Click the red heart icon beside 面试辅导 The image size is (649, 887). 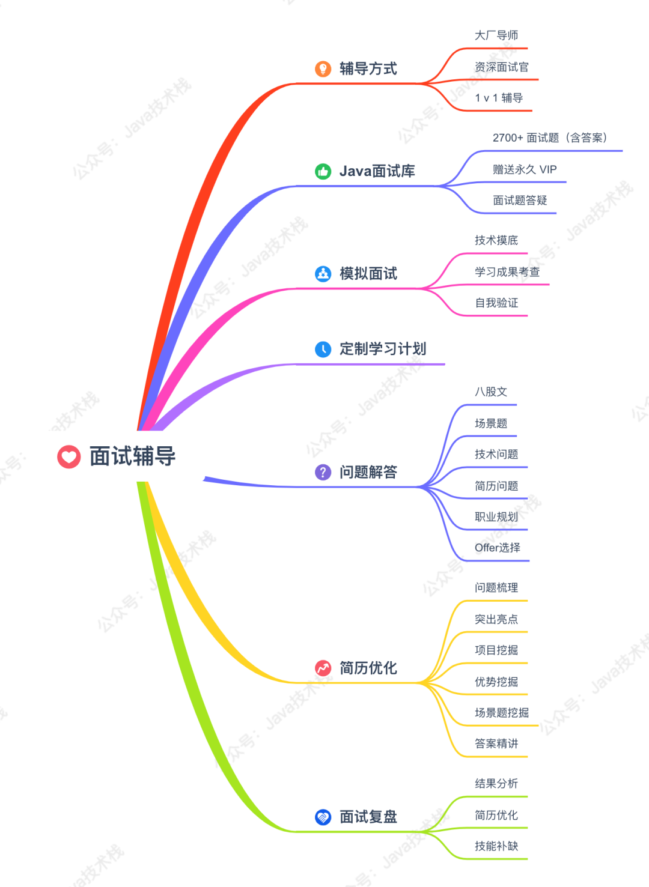coord(69,456)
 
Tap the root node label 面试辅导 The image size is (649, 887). coord(132,456)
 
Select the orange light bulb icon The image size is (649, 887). coord(323,69)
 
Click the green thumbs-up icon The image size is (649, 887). coord(323,172)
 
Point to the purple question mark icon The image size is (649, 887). coord(323,472)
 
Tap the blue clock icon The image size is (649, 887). coord(323,349)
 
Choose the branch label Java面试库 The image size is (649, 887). coord(377,172)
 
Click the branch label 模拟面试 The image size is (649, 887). coord(368,274)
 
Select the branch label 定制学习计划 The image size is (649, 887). coord(382,349)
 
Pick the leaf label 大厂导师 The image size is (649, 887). coord(496,35)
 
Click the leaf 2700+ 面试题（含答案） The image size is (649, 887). coord(550,138)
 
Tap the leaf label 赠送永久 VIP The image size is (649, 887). coord(525,169)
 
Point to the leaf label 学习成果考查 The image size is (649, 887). coord(507,272)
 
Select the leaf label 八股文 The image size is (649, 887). coord(491,392)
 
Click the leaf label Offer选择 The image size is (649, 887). coord(498,548)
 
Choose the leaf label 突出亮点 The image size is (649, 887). coord(496,619)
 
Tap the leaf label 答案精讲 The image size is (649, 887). coord(496,743)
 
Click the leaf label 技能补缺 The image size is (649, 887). coord(496,846)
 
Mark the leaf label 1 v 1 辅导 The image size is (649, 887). coord(499,98)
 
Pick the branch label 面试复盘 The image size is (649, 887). coord(368,817)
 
